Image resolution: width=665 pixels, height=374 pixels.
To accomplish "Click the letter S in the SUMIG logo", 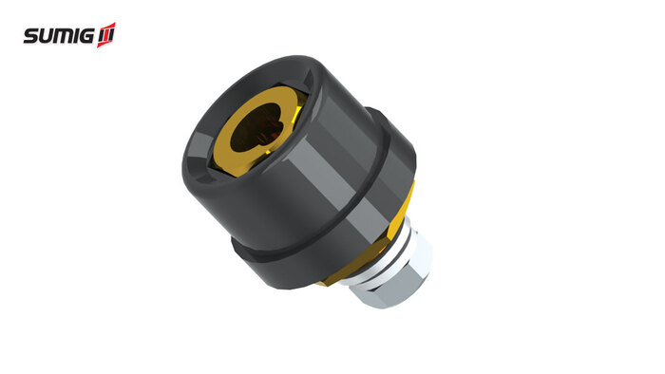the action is point(32,36).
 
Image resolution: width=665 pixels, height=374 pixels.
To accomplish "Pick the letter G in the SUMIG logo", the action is point(87,36).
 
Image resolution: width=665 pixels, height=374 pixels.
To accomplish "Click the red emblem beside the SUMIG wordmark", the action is point(106,35).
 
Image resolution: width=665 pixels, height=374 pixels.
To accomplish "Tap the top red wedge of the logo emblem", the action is point(109,27).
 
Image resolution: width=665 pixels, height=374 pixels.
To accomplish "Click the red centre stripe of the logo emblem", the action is point(106,36).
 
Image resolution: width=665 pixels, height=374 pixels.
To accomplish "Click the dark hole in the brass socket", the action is point(254,127).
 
